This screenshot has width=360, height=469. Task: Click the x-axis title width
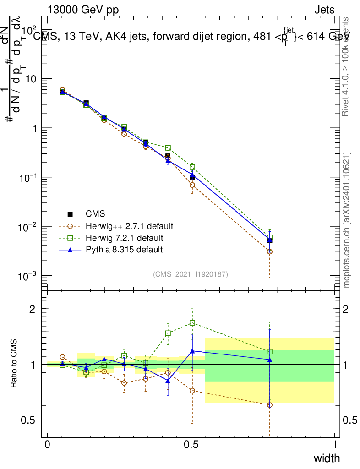point(327,458)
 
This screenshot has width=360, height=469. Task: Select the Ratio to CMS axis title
point(14,365)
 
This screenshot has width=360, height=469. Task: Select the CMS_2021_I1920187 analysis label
point(191,274)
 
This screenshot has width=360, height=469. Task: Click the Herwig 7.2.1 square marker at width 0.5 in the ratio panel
point(192,323)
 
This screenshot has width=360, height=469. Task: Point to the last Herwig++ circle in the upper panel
point(270,251)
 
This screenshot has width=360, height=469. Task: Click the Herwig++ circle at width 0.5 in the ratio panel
point(192,391)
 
